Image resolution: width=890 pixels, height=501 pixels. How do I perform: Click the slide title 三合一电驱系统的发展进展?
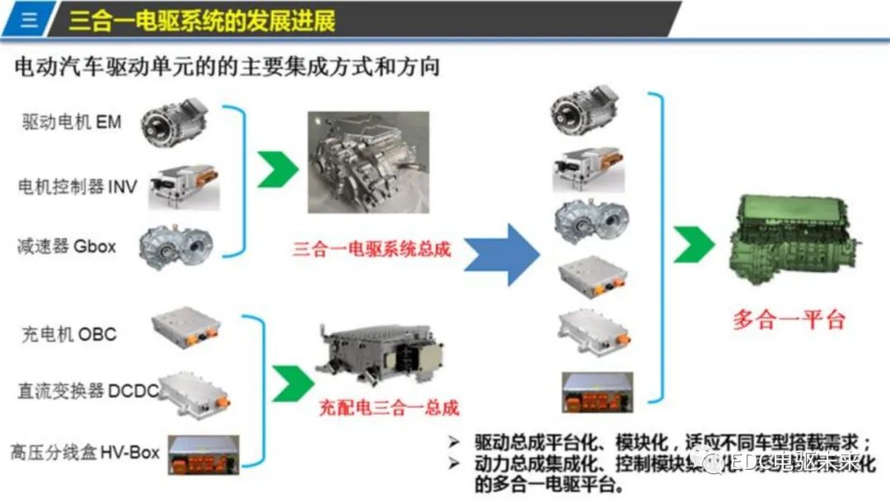tap(203, 20)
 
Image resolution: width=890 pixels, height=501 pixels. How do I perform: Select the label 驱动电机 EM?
tap(72, 122)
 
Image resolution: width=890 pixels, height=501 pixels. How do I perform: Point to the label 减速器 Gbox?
tap(67, 246)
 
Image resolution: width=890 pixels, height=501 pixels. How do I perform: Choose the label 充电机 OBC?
tap(69, 335)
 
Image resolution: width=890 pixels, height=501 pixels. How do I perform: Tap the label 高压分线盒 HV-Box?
tap(85, 452)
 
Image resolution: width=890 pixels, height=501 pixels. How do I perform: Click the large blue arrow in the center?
tap(502, 255)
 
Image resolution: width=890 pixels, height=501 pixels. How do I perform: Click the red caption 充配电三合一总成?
tap(389, 407)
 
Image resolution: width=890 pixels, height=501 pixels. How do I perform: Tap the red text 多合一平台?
tap(789, 320)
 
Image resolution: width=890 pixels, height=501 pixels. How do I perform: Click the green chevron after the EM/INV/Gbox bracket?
tap(277, 169)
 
